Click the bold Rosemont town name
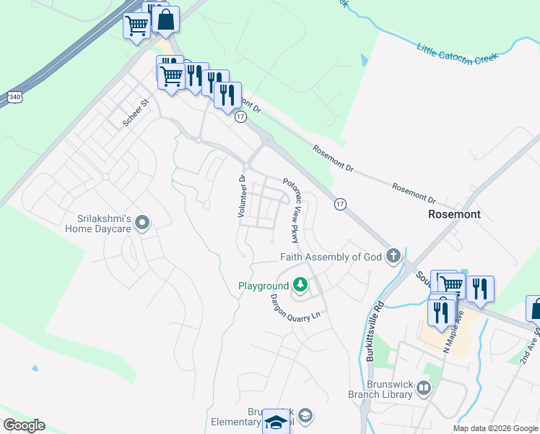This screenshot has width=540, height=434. [x=454, y=215]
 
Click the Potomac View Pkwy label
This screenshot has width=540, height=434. [x=292, y=210]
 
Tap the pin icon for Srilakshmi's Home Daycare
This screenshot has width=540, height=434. [x=142, y=223]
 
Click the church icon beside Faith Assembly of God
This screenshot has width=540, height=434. [x=393, y=255]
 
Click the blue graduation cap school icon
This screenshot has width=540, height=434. [x=275, y=421]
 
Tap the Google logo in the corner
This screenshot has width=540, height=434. [x=24, y=425]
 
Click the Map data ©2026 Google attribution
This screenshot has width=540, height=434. [x=495, y=428]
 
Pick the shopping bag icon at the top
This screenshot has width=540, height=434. [x=165, y=21]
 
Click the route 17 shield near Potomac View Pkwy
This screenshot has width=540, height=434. [x=339, y=205]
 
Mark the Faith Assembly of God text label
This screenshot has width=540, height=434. [x=331, y=257]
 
